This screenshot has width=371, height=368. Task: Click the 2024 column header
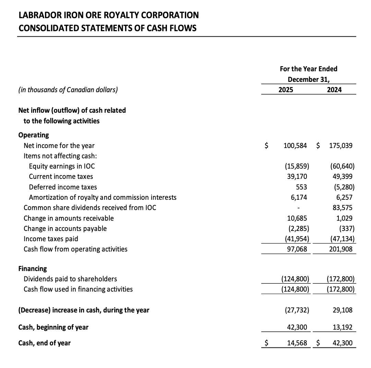coord(334,90)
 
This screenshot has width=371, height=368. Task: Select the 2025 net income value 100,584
coord(295,146)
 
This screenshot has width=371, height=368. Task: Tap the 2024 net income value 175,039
coord(340,146)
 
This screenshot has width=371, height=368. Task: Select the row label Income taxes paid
coord(51,239)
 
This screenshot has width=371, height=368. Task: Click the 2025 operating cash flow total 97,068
coord(297,249)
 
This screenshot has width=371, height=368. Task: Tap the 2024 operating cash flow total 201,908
coord(340,249)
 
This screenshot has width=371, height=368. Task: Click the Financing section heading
coord(33,268)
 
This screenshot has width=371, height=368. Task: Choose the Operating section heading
coord(34,135)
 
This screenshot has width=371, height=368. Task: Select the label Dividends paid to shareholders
coord(70,279)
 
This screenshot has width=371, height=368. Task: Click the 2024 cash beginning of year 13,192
coord(343,327)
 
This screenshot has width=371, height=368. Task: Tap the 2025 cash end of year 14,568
coord(297,343)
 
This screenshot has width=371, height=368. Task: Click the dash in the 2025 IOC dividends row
coord(299,208)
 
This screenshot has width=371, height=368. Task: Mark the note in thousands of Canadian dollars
coord(68,90)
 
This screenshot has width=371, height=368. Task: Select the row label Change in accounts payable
coord(65,229)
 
